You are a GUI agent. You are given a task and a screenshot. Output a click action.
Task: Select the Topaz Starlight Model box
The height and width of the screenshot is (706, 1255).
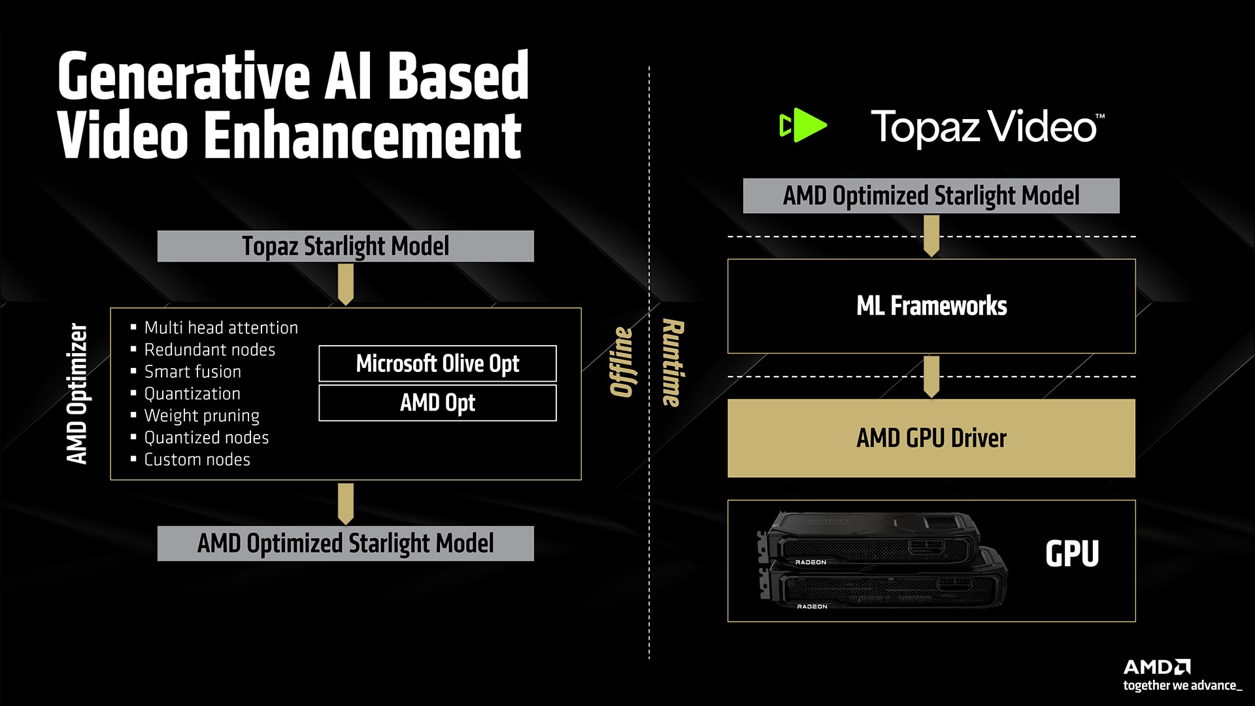point(345,246)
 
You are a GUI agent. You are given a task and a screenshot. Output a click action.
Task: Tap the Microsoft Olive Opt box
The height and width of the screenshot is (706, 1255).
point(437,363)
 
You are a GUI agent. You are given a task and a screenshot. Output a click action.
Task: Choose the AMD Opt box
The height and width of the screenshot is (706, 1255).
point(437,403)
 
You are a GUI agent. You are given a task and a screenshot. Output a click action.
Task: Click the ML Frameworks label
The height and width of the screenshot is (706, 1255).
point(931,306)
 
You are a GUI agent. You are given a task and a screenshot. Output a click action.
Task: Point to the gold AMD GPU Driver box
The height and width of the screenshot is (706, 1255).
point(931,438)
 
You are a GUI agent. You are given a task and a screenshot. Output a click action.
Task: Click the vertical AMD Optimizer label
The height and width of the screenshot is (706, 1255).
point(77,394)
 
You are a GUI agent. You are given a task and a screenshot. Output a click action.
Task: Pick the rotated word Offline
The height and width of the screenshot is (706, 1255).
point(622,361)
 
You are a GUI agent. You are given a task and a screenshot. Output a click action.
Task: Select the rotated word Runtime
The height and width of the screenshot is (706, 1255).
point(673,363)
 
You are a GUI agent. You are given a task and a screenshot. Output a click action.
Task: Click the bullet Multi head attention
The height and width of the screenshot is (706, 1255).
point(221,328)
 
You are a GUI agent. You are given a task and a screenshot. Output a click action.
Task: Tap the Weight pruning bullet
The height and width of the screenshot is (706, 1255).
point(201,416)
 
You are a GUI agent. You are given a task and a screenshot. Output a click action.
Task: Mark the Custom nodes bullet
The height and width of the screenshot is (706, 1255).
point(197,460)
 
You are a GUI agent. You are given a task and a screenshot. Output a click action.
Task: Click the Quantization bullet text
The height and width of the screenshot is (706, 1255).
point(192,394)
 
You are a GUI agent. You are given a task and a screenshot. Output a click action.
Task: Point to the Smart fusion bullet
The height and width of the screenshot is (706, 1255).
point(192,371)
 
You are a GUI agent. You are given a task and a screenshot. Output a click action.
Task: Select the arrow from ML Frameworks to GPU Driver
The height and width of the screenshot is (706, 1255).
point(931,377)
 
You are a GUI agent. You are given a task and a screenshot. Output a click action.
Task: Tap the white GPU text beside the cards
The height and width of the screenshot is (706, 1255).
point(1072,554)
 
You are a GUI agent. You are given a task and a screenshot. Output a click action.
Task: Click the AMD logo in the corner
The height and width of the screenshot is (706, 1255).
point(1157,667)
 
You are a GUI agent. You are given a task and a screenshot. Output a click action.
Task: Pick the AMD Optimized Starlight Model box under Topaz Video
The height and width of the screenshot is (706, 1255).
point(931,195)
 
